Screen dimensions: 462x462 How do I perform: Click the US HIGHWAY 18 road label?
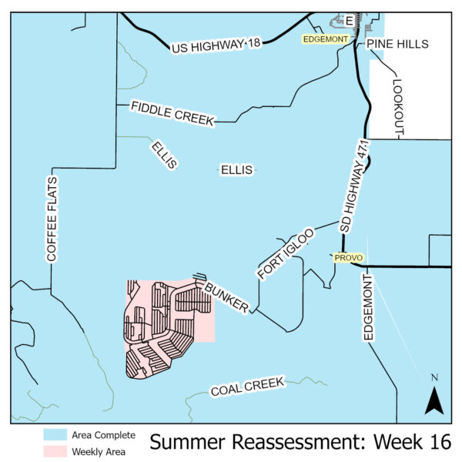click(x=216, y=45)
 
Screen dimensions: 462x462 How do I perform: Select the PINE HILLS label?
click(x=397, y=45)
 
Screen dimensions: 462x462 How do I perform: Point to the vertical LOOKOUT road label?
click(x=398, y=108)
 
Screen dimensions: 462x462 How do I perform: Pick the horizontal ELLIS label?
click(x=236, y=169)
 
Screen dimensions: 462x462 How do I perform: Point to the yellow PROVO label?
click(x=348, y=258)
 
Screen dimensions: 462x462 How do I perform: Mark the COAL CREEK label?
click(x=248, y=387)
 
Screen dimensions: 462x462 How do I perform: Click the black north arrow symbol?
click(x=434, y=399)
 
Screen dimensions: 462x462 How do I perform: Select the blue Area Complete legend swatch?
click(x=54, y=435)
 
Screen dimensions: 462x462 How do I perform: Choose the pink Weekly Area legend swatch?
click(x=54, y=452)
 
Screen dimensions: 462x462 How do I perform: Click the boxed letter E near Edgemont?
click(x=349, y=20)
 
